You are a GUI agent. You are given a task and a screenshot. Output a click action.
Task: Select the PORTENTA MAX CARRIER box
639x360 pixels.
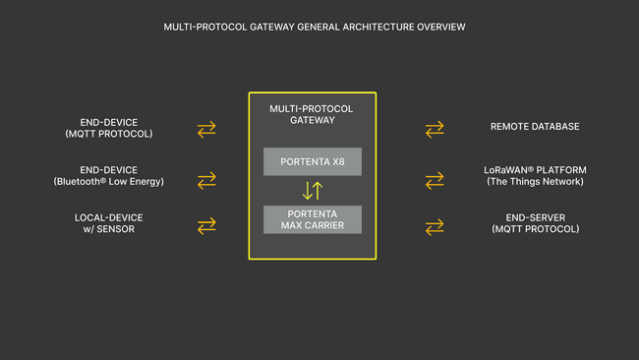312,219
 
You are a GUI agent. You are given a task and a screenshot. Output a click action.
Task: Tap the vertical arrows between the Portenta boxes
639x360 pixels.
312,191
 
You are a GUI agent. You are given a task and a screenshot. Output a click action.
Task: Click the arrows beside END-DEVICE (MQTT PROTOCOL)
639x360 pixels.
206,129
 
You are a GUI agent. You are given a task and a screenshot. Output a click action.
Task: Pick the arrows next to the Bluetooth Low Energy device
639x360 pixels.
206,180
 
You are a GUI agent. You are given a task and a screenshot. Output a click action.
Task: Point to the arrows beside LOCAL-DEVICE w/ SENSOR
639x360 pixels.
206,226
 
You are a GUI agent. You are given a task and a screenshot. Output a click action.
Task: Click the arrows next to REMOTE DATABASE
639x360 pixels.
435,129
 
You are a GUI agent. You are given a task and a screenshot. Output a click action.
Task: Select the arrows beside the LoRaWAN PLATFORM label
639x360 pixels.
435,180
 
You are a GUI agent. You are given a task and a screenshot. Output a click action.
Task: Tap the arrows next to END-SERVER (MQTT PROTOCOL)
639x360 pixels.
435,227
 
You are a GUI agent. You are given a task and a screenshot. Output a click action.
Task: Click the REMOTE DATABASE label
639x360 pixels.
535,127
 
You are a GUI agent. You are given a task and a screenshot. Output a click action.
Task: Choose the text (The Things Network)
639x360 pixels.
535,181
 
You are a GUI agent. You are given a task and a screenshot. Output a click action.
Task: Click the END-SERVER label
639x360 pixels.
535,216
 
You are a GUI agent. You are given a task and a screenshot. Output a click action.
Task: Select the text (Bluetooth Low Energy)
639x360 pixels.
108,181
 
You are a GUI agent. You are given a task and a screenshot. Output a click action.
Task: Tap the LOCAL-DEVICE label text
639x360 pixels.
108,216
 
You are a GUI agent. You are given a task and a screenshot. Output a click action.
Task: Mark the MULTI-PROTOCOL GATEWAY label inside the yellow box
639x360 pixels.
311,113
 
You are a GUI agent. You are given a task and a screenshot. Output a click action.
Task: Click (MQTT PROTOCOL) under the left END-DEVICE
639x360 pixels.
108,133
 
